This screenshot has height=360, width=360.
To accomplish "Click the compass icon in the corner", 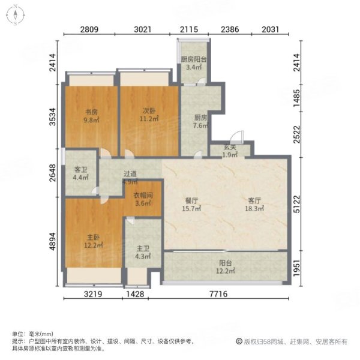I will point(15,15).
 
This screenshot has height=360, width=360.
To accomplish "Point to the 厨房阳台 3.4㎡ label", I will point(193,63).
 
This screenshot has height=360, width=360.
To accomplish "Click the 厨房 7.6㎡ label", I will point(200,122).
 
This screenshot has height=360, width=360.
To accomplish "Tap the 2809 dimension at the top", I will point(89,28).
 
